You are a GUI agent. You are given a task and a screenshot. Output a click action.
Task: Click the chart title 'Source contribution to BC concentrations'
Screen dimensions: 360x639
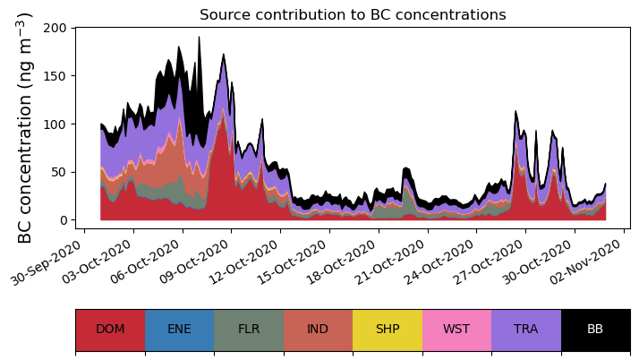353,15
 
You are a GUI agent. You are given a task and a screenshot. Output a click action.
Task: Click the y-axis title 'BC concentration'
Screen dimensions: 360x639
26,127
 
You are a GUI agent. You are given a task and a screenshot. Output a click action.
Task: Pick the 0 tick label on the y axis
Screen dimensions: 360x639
63,220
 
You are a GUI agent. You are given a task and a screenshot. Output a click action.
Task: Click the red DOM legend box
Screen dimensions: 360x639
110,330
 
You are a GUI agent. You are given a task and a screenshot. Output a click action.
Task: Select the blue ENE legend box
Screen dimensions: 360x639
179,330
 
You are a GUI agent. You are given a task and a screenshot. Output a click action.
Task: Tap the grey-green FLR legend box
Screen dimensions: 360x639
249,330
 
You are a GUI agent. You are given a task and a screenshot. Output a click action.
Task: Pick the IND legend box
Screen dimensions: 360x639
318,330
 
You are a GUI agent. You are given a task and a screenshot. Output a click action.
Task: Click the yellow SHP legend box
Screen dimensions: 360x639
388,330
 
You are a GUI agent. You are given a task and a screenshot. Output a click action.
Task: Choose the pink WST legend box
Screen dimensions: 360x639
456,330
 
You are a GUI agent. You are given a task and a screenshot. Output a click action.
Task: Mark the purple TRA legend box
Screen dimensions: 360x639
526,330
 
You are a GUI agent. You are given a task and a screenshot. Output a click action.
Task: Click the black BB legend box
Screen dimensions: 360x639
595,330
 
